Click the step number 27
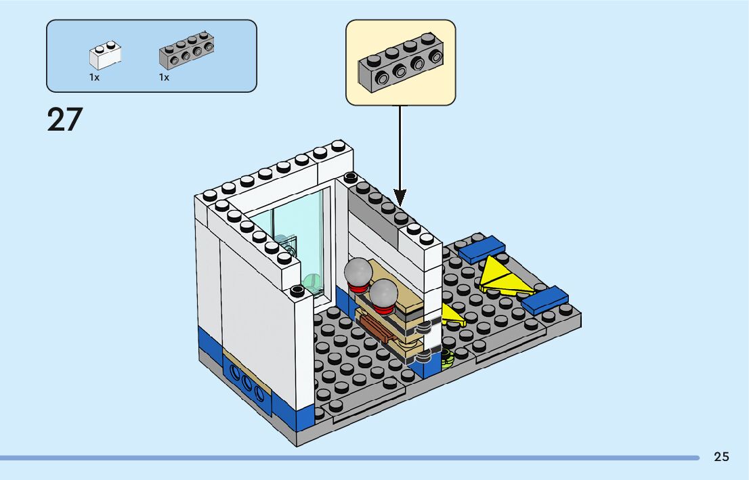point(64,119)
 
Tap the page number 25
point(721,457)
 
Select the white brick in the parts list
point(105,56)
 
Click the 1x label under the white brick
point(94,77)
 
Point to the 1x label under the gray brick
point(164,77)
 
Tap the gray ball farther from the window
point(384,292)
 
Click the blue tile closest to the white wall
point(481,248)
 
